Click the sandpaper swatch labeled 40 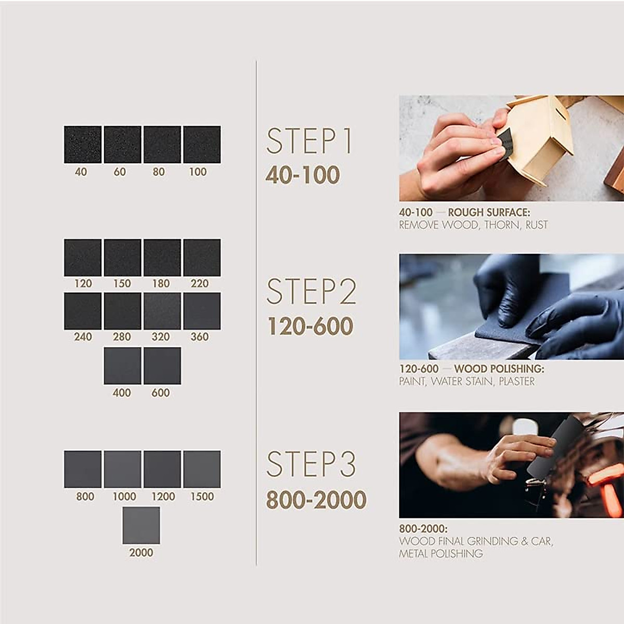pyautogui.click(x=83, y=145)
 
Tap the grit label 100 pyautogui.click(x=198, y=172)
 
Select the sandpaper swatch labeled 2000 pyautogui.click(x=141, y=525)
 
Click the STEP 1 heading pyautogui.click(x=310, y=141)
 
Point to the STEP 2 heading pyautogui.click(x=311, y=292)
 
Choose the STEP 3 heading pyautogui.click(x=311, y=464)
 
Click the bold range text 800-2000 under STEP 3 pyautogui.click(x=316, y=500)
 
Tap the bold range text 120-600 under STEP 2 pyautogui.click(x=310, y=327)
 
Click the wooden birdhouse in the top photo pyautogui.click(x=541, y=138)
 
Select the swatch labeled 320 pyautogui.click(x=162, y=311)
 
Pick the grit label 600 pyautogui.click(x=161, y=393)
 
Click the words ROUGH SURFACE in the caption pyautogui.click(x=489, y=213)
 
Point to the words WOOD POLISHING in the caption pyautogui.click(x=499, y=369)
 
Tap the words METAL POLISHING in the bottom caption pyautogui.click(x=441, y=554)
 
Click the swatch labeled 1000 pyautogui.click(x=123, y=469)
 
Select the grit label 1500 pyautogui.click(x=202, y=497)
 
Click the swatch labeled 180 pyautogui.click(x=162, y=257)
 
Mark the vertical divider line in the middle pyautogui.click(x=256, y=312)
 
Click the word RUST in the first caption pyautogui.click(x=536, y=225)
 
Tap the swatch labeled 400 pyautogui.click(x=123, y=366)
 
